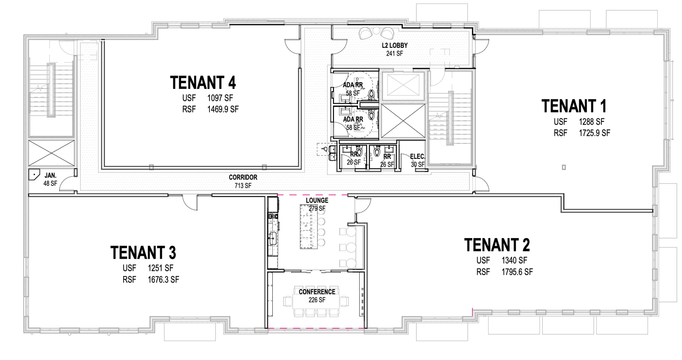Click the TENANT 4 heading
[x=203, y=83]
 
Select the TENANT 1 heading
[x=574, y=106]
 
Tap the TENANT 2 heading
[x=497, y=245]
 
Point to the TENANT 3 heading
[x=143, y=252]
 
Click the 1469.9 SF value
[x=223, y=109]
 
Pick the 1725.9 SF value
[x=594, y=133]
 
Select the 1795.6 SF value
[x=517, y=272]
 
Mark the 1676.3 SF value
[x=163, y=280]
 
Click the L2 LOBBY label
[x=395, y=46]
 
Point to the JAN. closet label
[x=51, y=175]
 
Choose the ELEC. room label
[x=418, y=157]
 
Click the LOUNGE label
[x=317, y=200]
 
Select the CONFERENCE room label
[x=317, y=292]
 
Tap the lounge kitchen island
[x=306, y=226]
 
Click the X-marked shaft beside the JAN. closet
[x=51, y=153]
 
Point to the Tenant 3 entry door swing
[x=190, y=202]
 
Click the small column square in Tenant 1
[x=564, y=168]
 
